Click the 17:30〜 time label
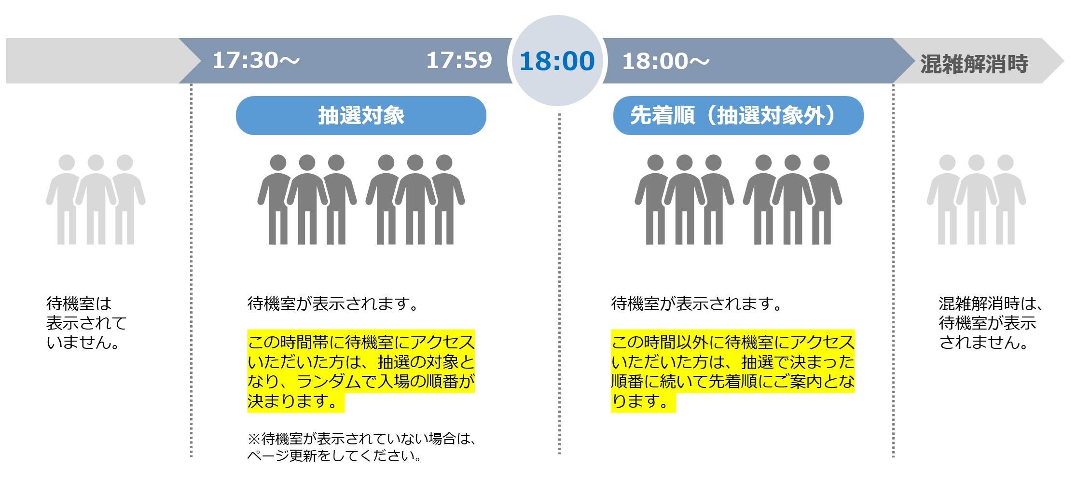click(x=256, y=60)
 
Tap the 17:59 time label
click(x=459, y=60)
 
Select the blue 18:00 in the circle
click(x=557, y=61)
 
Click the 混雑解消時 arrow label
click(x=974, y=64)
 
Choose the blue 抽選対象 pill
click(x=361, y=115)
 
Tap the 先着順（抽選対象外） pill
click(x=738, y=115)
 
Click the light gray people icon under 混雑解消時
click(x=976, y=199)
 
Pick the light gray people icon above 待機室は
click(x=96, y=199)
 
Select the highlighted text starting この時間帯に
click(x=361, y=371)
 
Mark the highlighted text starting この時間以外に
click(x=732, y=371)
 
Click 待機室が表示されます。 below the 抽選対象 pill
click(x=332, y=303)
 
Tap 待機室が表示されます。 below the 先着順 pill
click(x=696, y=303)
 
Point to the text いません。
click(x=83, y=343)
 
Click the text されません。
click(x=983, y=343)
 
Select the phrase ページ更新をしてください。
click(x=334, y=455)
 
